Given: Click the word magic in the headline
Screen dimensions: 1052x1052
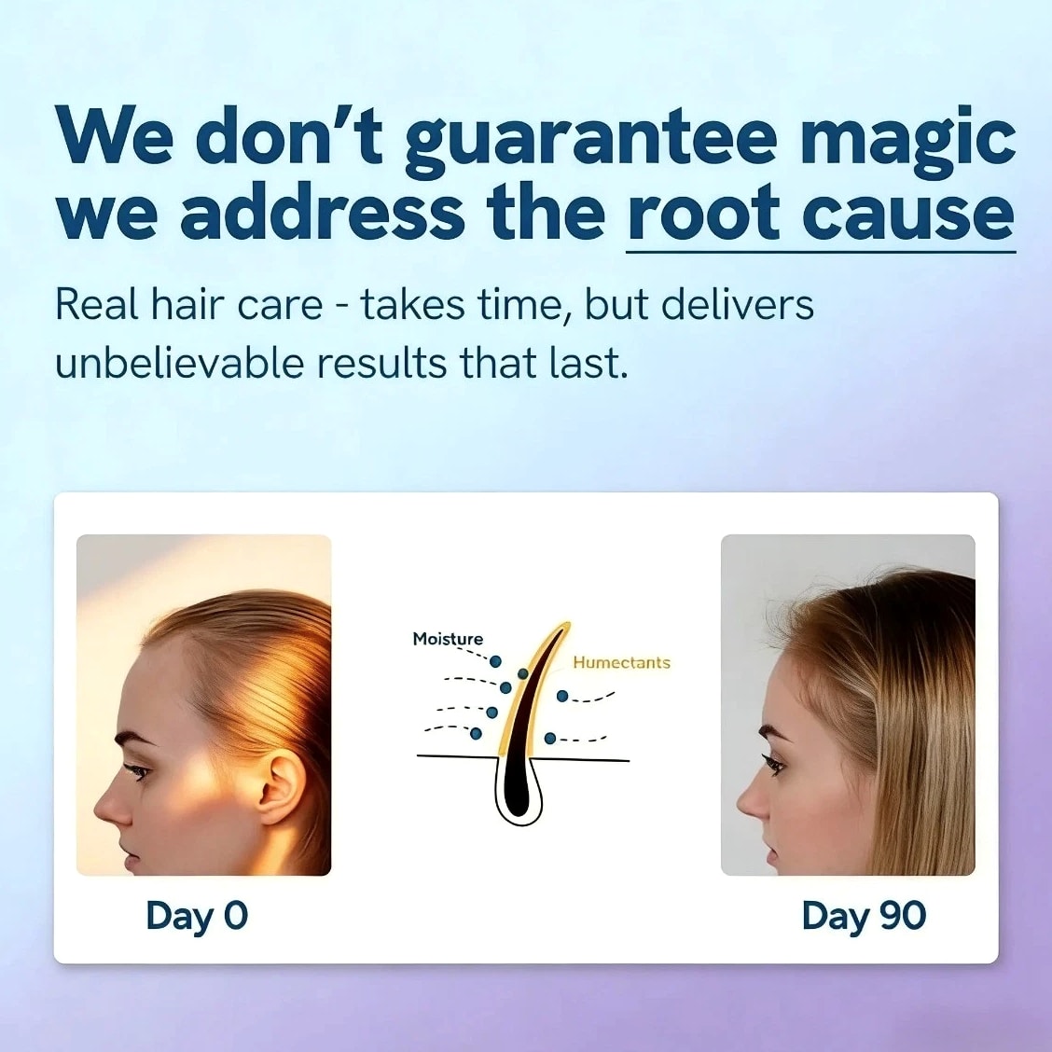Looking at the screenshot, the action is pos(907,143).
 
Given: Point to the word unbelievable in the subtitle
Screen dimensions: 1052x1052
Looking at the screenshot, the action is pos(179,363).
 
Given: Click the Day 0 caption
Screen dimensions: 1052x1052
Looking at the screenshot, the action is pos(197,917).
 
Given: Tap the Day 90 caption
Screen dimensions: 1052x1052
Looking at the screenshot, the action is pos(864,917).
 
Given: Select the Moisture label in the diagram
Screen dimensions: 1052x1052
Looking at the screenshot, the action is pos(448,639).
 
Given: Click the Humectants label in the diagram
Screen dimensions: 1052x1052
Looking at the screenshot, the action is pos(621,663).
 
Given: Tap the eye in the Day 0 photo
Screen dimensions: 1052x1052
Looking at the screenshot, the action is pos(137,771).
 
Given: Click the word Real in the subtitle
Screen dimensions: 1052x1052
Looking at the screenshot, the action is pos(97,305).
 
